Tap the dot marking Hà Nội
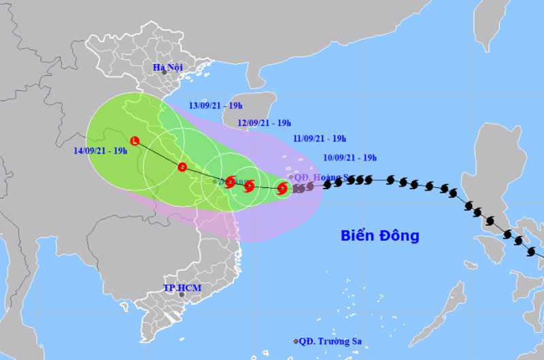pyautogui.click(x=164, y=73)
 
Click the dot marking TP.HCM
pyautogui.click(x=182, y=294)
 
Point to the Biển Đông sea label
pyautogui.click(x=380, y=236)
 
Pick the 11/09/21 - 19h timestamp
pyautogui.click(x=320, y=139)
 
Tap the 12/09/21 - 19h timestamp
pyautogui.click(x=265, y=123)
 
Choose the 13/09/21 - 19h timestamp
pyautogui.click(x=215, y=106)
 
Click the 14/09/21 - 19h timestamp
pyautogui.click(x=101, y=150)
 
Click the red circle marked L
pyautogui.click(x=135, y=141)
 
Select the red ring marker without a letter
pyautogui.click(x=182, y=167)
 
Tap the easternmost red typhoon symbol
pyautogui.click(x=282, y=188)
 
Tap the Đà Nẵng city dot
pyautogui.click(x=214, y=182)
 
